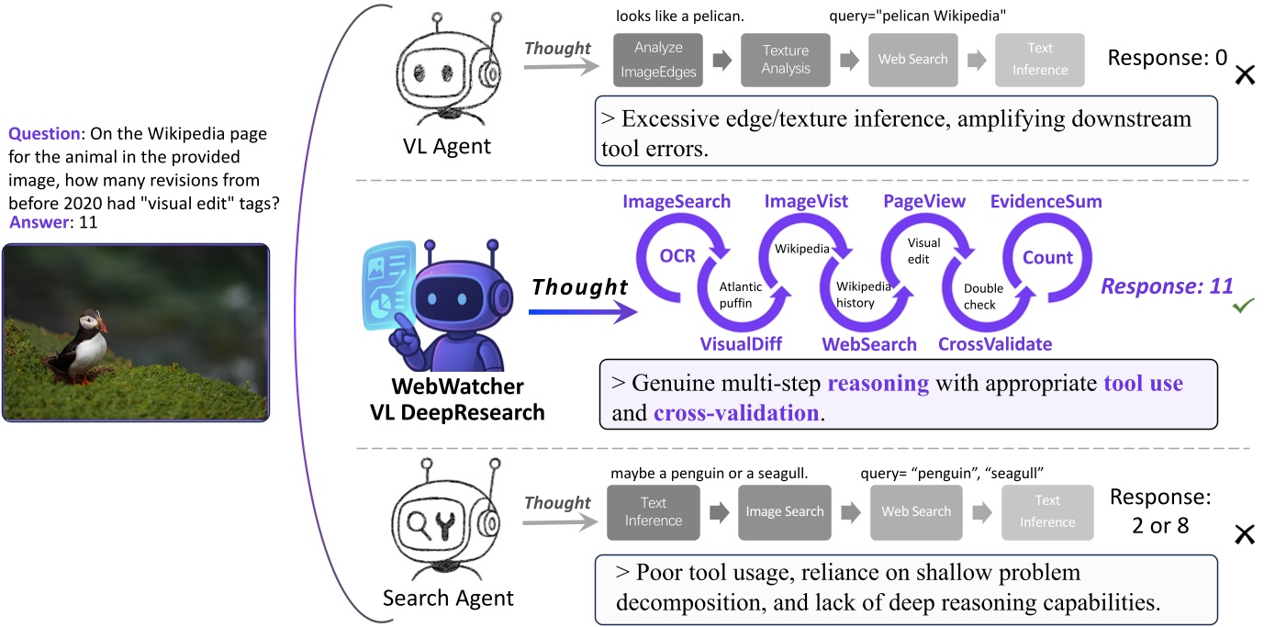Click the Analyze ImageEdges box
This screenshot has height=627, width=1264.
click(658, 61)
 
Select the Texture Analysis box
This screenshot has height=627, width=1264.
click(785, 60)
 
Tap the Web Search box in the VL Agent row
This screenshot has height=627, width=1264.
click(912, 60)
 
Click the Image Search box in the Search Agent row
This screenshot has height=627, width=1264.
click(784, 512)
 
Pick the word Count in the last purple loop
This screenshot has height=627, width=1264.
click(1047, 258)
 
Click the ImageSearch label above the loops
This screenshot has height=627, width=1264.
click(677, 200)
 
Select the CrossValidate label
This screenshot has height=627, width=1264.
click(995, 344)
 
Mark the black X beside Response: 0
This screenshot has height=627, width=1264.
click(1245, 75)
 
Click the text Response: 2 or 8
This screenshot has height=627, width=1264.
click(1160, 512)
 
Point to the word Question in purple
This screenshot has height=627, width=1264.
click(44, 134)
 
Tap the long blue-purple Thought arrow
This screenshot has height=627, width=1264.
click(582, 313)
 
